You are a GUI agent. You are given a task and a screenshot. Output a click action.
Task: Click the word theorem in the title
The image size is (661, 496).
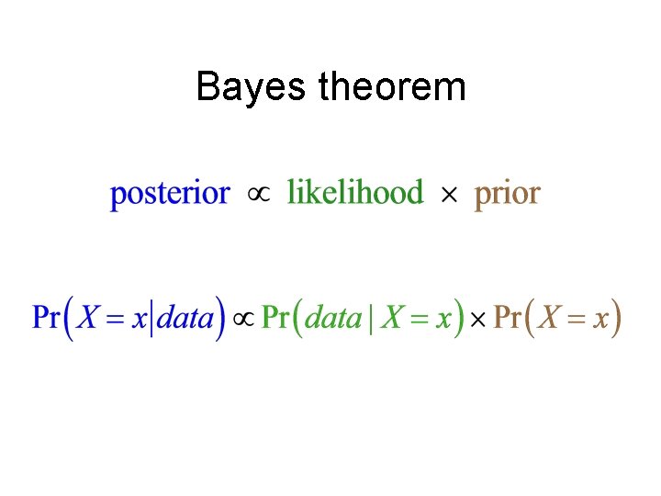(x=392, y=88)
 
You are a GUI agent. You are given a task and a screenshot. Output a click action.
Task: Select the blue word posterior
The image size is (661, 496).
(x=169, y=195)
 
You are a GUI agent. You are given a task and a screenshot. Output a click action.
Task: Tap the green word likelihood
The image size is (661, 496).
(x=355, y=194)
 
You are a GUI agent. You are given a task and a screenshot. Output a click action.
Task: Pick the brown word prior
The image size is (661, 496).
(x=507, y=195)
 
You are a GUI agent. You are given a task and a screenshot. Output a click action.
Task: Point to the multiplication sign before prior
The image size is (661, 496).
(x=449, y=195)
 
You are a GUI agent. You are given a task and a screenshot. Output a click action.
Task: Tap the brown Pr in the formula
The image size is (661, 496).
(x=508, y=319)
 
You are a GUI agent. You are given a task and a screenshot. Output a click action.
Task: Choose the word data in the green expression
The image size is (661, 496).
(x=333, y=319)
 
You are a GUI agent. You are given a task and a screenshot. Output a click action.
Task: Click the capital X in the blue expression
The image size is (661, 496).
(x=89, y=319)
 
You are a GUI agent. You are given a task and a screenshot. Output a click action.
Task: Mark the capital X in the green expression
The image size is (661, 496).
(x=393, y=319)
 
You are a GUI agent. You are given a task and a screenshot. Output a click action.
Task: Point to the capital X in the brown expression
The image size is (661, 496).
(x=551, y=319)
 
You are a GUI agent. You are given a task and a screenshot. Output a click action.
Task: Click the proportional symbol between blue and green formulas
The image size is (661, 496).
(x=243, y=320)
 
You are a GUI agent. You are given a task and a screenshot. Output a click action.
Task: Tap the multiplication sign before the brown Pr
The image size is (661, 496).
(x=478, y=320)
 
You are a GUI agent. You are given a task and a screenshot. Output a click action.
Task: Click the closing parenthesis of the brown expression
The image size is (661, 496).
(x=616, y=319)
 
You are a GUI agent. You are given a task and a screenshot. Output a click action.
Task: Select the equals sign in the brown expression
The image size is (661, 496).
(x=576, y=320)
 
